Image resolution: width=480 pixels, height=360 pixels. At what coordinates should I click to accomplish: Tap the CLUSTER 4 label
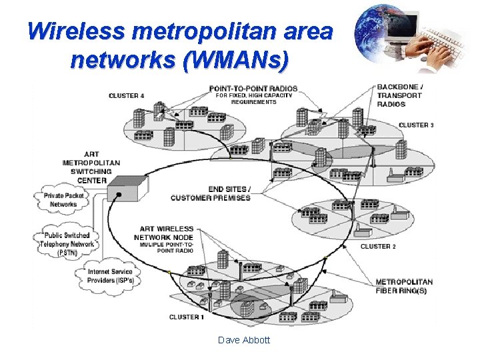126,96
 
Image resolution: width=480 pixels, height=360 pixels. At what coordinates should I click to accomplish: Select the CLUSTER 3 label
416,125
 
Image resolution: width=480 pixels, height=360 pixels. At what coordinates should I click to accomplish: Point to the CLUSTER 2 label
378,247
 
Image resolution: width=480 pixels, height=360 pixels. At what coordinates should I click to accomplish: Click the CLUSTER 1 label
186,317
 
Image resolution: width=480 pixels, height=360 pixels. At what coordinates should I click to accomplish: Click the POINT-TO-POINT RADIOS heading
253,89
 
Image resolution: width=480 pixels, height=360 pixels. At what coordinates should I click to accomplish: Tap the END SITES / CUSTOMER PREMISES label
211,193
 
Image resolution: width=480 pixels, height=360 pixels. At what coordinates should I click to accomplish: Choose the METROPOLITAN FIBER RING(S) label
403,286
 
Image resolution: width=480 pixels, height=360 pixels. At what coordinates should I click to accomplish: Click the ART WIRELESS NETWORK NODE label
166,233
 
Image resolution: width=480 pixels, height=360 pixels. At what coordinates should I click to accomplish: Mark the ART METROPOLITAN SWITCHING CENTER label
91,167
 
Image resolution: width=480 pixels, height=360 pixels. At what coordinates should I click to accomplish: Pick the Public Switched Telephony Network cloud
67,244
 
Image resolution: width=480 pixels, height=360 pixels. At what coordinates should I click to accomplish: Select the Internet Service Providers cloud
110,276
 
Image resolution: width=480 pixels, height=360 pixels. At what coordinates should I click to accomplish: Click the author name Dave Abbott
244,340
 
